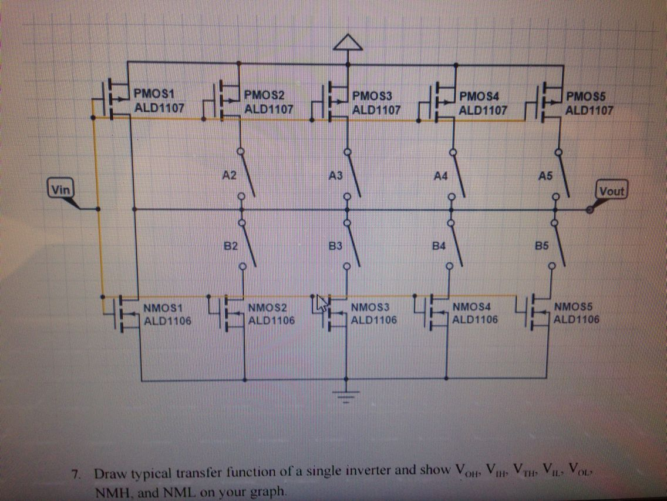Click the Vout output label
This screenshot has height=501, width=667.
(612, 191)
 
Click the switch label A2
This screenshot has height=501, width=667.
(229, 175)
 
